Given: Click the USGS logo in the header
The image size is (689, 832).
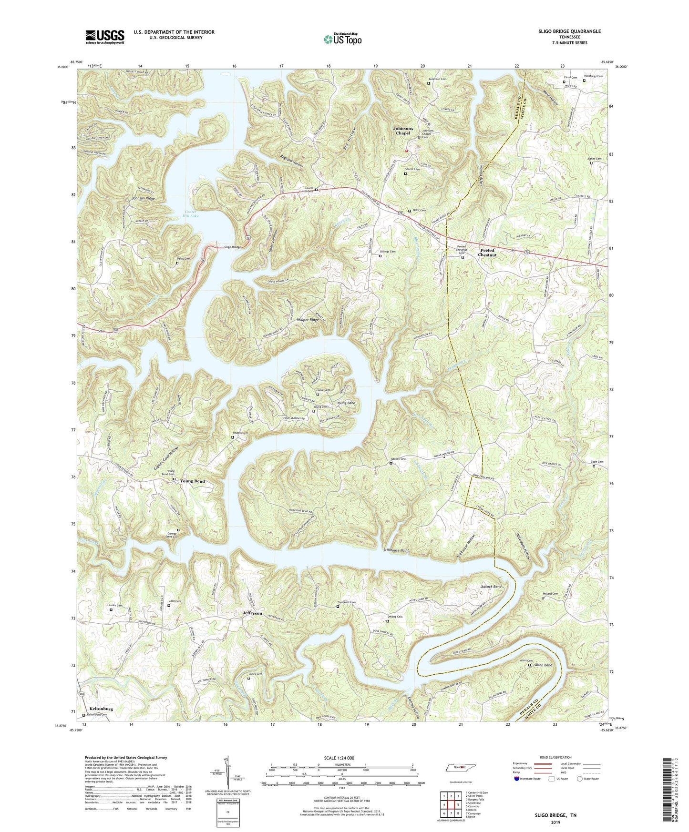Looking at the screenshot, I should click(105, 36).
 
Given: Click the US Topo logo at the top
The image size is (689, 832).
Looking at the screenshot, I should click(342, 39).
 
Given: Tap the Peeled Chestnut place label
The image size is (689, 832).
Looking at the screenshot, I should click(488, 253).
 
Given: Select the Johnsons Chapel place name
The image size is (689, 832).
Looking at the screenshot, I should click(401, 131).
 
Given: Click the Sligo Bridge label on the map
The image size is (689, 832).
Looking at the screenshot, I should click(233, 248).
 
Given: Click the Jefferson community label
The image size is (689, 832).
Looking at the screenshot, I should click(252, 613).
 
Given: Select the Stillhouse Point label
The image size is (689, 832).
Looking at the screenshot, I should click(396, 550).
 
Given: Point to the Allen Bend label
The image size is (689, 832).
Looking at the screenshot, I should click(543, 665).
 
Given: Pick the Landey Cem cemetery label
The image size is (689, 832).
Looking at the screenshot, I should click(116, 605).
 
